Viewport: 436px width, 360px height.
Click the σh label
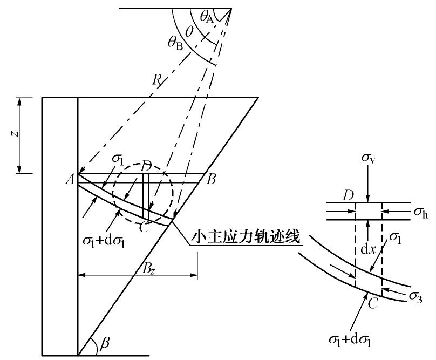(x=421, y=212)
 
